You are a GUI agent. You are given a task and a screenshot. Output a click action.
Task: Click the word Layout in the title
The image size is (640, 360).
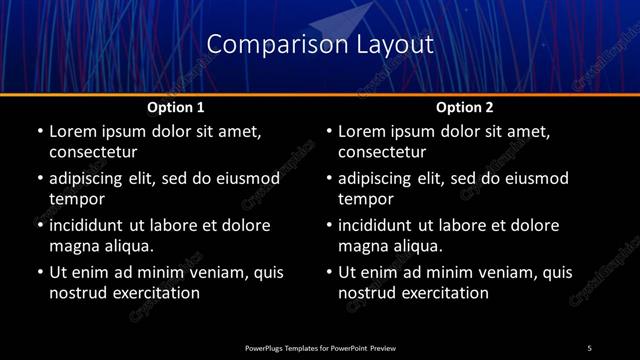[x=394, y=45]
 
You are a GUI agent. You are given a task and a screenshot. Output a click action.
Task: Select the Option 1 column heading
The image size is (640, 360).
[x=176, y=107]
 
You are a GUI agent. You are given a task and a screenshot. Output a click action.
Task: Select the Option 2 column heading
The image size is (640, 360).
[x=465, y=107]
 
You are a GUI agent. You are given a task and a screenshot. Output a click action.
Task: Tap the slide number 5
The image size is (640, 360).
[x=589, y=347]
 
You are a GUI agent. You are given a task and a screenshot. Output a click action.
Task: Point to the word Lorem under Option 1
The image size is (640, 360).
[x=74, y=131]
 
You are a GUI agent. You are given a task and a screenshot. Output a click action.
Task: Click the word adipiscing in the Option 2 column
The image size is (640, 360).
[x=384, y=178]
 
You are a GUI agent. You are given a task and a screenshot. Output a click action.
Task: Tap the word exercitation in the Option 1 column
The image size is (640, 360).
[x=155, y=293]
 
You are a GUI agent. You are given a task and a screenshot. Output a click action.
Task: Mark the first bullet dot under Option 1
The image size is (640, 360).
[x=40, y=131]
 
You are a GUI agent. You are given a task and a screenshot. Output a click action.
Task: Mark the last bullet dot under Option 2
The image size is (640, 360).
[x=330, y=272]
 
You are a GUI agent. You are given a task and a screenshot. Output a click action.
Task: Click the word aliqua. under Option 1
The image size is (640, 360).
[x=126, y=245]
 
